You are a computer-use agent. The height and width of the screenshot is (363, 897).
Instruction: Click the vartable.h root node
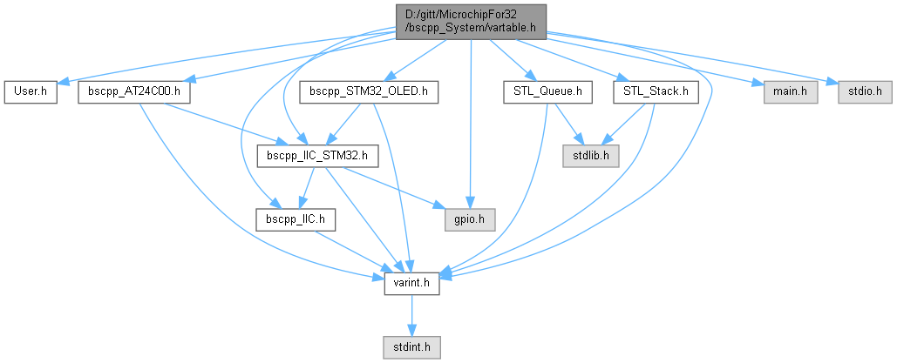[x=472, y=21]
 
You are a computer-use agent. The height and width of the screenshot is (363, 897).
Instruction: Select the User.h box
[x=31, y=91]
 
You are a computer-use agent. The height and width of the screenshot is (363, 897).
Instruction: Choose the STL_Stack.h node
[x=656, y=91]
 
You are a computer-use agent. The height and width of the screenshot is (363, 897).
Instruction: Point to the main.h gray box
[x=791, y=91]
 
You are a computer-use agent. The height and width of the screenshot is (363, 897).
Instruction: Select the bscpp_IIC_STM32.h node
[x=317, y=157]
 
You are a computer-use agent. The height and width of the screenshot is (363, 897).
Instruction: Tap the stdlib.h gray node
[x=590, y=157]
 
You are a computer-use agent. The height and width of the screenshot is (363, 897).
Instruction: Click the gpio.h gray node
[x=471, y=218]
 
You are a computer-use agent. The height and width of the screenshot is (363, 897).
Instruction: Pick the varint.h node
[x=411, y=283]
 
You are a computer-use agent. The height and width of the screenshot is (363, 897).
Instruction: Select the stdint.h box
[x=411, y=346]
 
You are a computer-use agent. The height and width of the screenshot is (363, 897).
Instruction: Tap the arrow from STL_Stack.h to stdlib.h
[x=625, y=123]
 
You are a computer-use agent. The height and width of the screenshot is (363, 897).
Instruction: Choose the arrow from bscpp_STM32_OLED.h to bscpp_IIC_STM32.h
[x=343, y=124]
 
